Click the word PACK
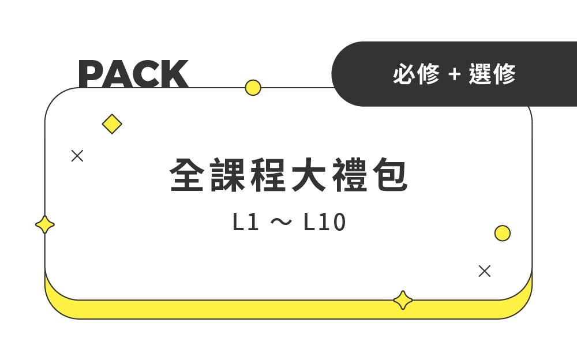[x=133, y=74]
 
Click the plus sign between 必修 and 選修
[x=455, y=74]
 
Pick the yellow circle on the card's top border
[x=253, y=88]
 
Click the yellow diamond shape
[x=112, y=124]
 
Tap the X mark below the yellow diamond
[x=77, y=156]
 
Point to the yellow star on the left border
[x=45, y=224]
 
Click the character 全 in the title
[x=188, y=175]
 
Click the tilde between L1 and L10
[x=280, y=223]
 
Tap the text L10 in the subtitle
[x=324, y=223]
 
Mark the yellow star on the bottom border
[x=403, y=301]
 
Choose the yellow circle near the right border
[x=503, y=233]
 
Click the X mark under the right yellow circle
[x=485, y=271]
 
